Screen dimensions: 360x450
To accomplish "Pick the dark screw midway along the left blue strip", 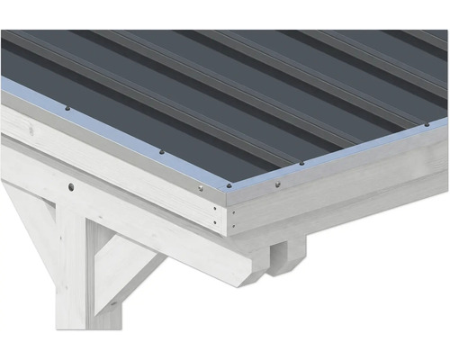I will [161, 151].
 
